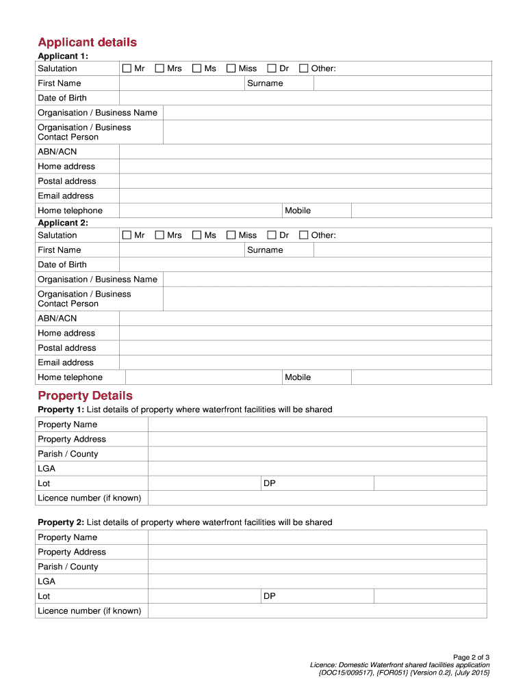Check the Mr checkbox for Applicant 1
tap(127, 68)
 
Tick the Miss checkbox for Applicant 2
tap(231, 235)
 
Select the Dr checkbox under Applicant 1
tap(272, 68)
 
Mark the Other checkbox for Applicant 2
tap(304, 235)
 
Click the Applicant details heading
tap(87, 42)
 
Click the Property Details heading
tap(85, 396)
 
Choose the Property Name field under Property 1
tap(317, 425)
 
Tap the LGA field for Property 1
tap(317, 469)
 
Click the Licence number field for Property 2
tap(317, 610)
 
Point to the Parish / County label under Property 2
tap(68, 567)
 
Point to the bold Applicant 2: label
tap(63, 223)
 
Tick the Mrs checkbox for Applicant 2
tap(160, 235)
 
